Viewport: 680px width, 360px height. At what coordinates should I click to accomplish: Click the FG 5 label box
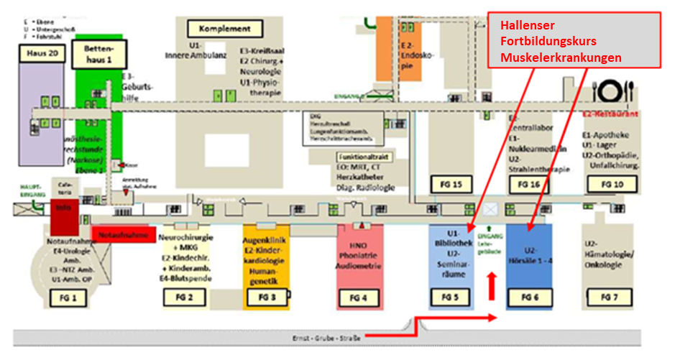(451, 297)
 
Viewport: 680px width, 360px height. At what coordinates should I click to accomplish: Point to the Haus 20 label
(41, 54)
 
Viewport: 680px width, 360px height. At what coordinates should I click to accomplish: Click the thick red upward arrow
(492, 285)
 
